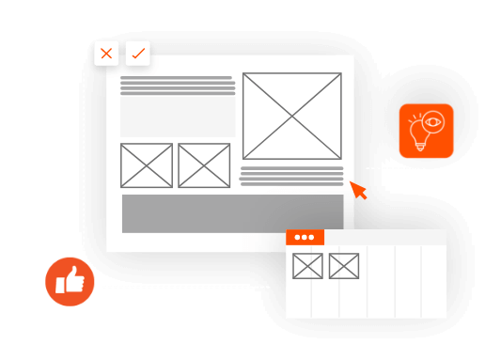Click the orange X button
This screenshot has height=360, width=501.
pyautogui.click(x=106, y=54)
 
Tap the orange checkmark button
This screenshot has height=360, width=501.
pyautogui.click(x=137, y=54)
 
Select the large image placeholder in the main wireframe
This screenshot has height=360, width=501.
pyautogui.click(x=291, y=116)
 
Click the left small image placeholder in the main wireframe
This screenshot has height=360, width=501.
pyautogui.click(x=147, y=165)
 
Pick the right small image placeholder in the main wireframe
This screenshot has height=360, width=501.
pyautogui.click(x=204, y=165)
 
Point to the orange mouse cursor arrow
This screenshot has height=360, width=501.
pyautogui.click(x=358, y=190)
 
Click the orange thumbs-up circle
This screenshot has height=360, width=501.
pyautogui.click(x=70, y=281)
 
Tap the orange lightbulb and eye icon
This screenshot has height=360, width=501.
pyautogui.click(x=426, y=131)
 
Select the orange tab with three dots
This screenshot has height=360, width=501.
pyautogui.click(x=305, y=237)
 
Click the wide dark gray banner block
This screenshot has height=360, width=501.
pyautogui.click(x=232, y=213)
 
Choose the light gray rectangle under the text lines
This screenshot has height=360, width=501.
pyautogui.click(x=178, y=117)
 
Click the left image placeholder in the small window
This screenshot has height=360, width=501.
pyautogui.click(x=307, y=266)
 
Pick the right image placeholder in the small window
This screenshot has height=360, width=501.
pyautogui.click(x=344, y=266)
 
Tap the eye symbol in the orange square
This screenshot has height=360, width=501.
pyautogui.click(x=433, y=121)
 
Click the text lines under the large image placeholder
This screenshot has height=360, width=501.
pyautogui.click(x=291, y=176)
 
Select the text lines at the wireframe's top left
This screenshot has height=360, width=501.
pyautogui.click(x=178, y=86)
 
